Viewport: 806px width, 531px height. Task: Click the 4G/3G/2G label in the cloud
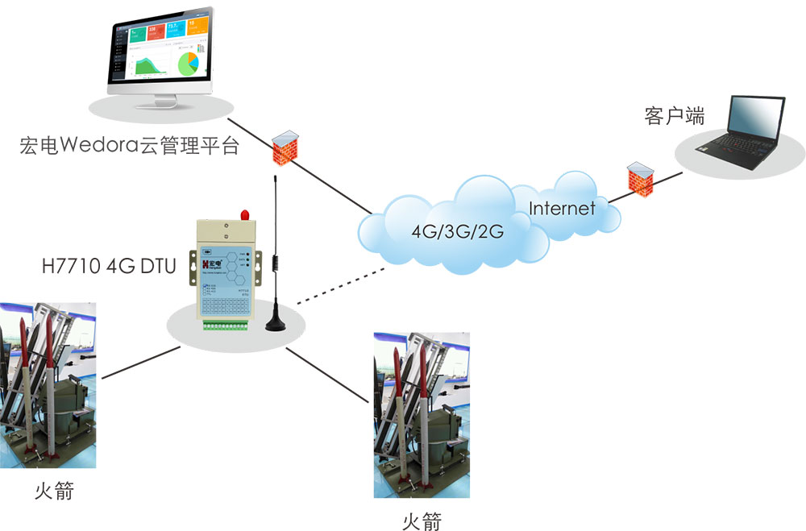(457, 232)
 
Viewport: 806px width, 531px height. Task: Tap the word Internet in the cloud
(562, 209)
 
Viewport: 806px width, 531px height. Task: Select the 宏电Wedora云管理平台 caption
(130, 147)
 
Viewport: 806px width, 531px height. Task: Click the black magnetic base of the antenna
(276, 324)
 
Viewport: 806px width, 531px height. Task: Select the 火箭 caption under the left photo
(54, 489)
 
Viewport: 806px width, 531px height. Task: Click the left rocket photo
(48, 385)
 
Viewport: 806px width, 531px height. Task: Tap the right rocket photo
(422, 416)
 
